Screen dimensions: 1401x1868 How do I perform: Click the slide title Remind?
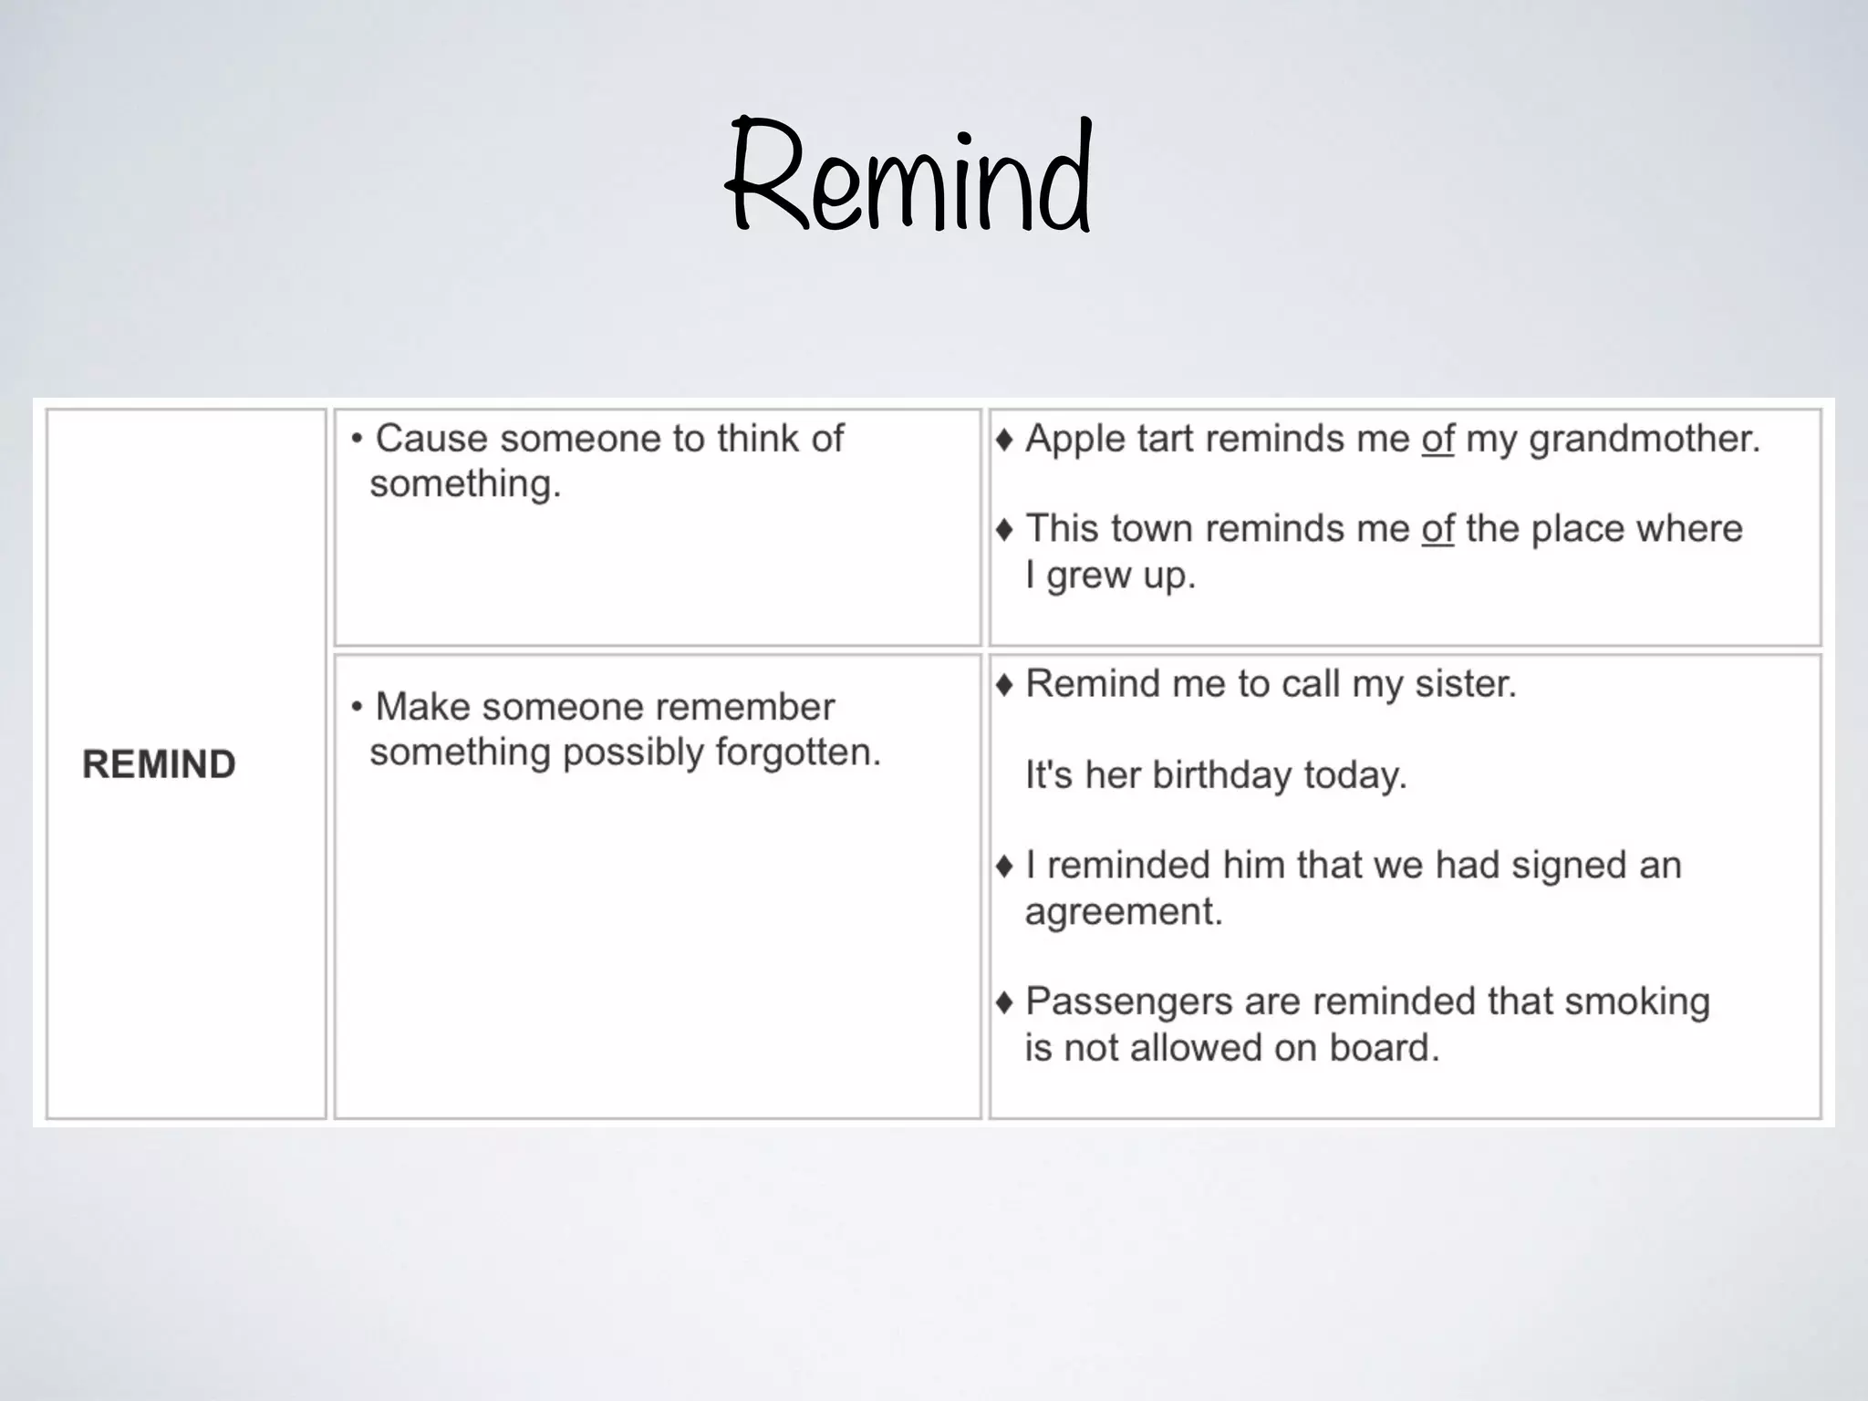[x=909, y=178]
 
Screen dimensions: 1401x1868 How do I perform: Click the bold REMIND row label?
[x=160, y=764]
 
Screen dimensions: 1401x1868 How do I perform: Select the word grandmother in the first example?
[x=1644, y=440]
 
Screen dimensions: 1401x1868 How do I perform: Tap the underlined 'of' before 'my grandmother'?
[x=1437, y=440]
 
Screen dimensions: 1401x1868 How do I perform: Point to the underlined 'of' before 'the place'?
[x=1437, y=529]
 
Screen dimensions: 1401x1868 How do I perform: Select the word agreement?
[x=1123, y=911]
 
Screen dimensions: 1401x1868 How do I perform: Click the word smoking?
[x=1636, y=1002]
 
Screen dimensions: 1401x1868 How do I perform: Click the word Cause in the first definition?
[x=431, y=439]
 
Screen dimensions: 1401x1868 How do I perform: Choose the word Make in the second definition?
[x=422, y=707]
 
